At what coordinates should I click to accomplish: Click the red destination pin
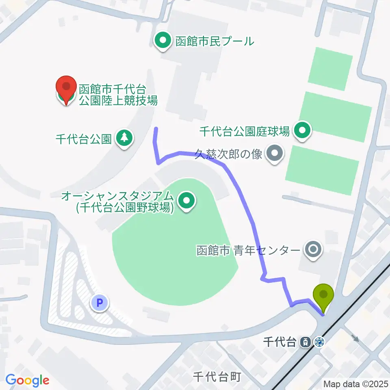[x=66, y=90]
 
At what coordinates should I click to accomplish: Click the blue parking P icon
[x=100, y=302]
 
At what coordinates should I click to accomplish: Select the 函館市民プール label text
[x=214, y=41]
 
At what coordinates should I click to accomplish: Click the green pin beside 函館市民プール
[x=163, y=41]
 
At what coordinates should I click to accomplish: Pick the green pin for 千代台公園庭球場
[x=302, y=130]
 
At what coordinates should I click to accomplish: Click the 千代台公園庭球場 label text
[x=245, y=131]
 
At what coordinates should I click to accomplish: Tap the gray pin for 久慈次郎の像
[x=274, y=154]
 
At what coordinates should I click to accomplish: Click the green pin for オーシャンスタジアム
[x=186, y=200]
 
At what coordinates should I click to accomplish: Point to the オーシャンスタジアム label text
[x=117, y=202]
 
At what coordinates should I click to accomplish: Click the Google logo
[x=27, y=380]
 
